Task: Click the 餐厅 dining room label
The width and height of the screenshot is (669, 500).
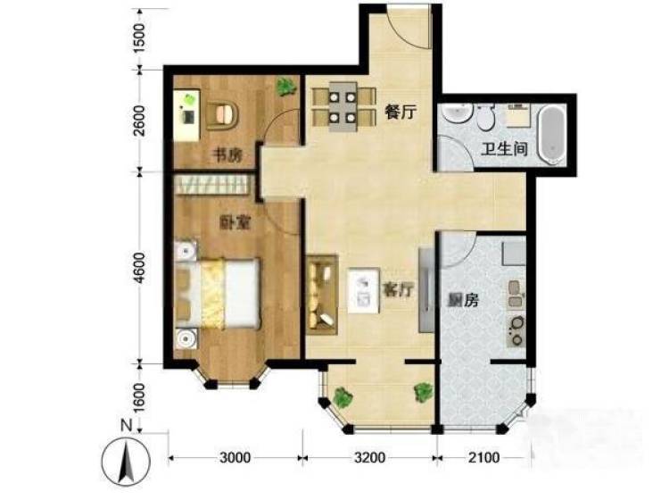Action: click(x=400, y=112)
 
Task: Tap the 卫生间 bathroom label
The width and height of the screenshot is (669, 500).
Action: click(x=504, y=148)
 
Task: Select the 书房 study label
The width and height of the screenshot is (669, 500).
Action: click(x=227, y=155)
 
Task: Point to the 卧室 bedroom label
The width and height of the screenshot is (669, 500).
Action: click(x=235, y=222)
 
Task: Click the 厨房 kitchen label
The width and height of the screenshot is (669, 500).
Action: click(x=462, y=300)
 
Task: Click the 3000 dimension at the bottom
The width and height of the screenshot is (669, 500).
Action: click(x=235, y=458)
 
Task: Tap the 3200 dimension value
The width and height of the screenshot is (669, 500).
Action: click(x=370, y=458)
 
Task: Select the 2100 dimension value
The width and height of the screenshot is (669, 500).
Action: click(x=483, y=458)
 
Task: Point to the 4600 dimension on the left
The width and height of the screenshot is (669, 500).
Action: click(x=138, y=268)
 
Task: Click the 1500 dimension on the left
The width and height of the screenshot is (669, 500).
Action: click(x=138, y=37)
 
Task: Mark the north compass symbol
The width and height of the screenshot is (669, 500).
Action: click(x=126, y=461)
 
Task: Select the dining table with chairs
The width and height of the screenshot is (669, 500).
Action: click(x=343, y=109)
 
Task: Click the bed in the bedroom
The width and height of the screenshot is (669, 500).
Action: click(x=217, y=294)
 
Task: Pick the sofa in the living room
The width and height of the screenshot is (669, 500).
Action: click(x=322, y=295)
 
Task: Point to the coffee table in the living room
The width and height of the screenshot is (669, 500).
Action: click(x=364, y=290)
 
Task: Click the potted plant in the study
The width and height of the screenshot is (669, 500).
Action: click(x=285, y=87)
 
